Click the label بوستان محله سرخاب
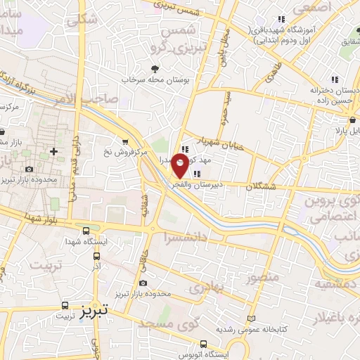[155, 81]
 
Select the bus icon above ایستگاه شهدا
[86, 230]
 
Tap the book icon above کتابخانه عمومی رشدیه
[251, 319]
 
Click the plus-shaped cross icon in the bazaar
[53, 151]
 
